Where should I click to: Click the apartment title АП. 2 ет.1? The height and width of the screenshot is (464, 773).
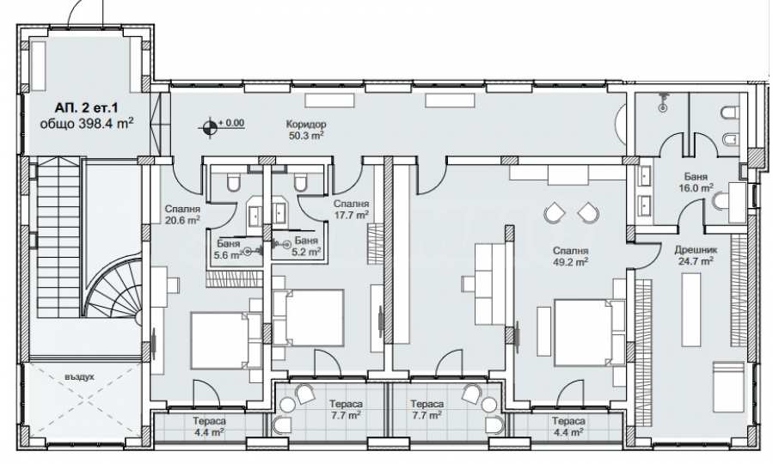point(87,107)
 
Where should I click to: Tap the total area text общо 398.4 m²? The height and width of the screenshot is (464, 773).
point(87,123)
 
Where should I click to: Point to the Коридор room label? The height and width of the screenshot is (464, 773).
point(305,125)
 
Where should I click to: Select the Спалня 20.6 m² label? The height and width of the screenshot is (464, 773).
point(182,215)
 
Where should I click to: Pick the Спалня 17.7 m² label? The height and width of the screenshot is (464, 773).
point(352,210)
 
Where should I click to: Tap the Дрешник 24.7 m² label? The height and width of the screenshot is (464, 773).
point(695,256)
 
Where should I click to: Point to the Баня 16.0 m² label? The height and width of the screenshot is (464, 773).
point(696,182)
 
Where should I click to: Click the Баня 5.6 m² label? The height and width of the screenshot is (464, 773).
point(228,249)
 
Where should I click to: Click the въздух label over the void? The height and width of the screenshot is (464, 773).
point(79,377)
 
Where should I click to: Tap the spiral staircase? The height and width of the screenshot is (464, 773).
point(113,288)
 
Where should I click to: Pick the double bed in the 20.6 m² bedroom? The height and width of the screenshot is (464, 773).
point(220,340)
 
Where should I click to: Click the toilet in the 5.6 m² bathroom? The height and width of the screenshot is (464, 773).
point(233,183)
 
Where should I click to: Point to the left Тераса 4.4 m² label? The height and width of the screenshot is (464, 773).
point(210,426)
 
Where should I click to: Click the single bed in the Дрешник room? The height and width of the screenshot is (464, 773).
point(728,386)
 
